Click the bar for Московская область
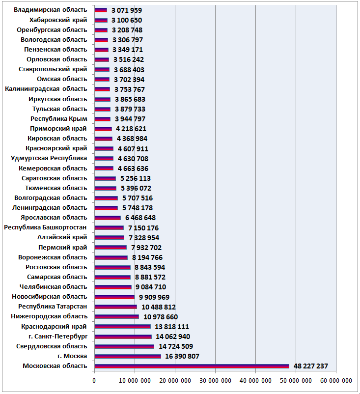192,366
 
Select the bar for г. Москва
128,356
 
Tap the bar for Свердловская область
124,346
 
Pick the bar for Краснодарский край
123,327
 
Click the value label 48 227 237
311,366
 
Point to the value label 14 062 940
173,337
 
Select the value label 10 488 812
159,307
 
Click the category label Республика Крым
59,119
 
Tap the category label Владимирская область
50,10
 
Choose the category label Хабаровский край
58,20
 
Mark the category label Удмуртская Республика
49,158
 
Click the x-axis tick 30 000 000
215,381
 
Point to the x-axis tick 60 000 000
336,381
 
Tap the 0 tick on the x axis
94,381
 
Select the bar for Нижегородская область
117,317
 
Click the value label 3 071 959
127,10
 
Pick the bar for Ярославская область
108,218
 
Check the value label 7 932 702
146,248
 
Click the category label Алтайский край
62,237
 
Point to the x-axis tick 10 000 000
135,381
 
